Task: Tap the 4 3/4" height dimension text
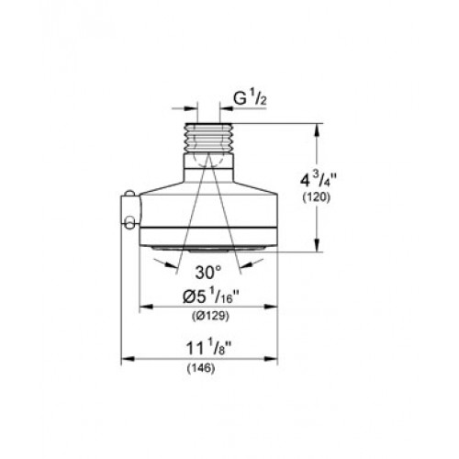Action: [x=316, y=181]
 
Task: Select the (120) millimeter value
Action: [x=317, y=197]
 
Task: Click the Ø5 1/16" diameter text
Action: [x=210, y=296]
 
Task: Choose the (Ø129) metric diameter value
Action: [x=210, y=316]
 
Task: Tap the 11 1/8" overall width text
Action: [x=208, y=348]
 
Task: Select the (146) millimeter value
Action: [x=201, y=368]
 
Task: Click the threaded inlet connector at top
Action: [x=208, y=138]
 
